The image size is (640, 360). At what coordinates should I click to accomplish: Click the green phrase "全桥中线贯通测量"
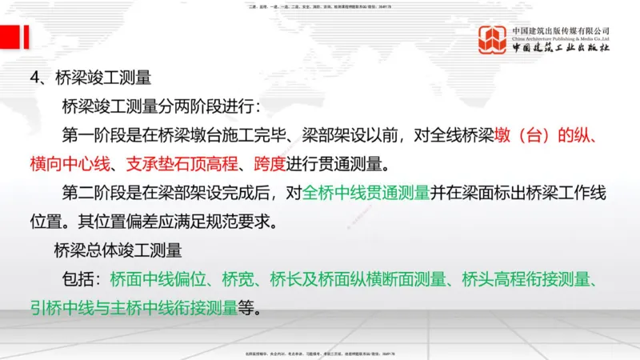pyautogui.click(x=367, y=193)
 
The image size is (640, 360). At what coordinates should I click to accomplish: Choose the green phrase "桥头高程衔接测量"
pyautogui.click(x=531, y=279)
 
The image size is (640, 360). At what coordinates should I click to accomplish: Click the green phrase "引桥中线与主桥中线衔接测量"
pyautogui.click(x=135, y=308)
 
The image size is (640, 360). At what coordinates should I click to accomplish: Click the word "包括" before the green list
pyautogui.click(x=78, y=279)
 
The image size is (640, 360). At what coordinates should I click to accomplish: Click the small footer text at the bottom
pyautogui.click(x=320, y=353)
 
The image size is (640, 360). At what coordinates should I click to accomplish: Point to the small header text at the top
pyautogui.click(x=320, y=6)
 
